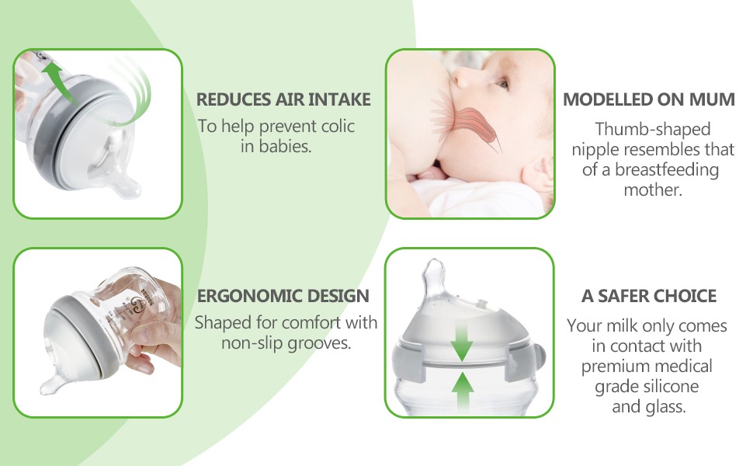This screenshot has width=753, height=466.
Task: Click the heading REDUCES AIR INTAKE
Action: [283, 99]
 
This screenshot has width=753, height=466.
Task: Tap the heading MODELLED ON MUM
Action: [649, 99]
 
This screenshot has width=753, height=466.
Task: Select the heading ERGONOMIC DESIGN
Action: [283, 295]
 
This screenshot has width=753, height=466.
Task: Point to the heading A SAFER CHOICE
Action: [649, 295]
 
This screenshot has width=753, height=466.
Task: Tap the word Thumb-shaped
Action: [653, 129]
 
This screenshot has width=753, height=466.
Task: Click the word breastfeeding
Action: [667, 170]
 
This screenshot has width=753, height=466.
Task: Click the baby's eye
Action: [502, 84]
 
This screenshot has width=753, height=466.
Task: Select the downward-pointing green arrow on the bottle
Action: [461, 341]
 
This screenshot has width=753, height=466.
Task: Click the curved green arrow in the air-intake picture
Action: [60, 82]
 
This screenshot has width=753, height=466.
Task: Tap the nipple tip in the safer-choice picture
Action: [435, 263]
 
